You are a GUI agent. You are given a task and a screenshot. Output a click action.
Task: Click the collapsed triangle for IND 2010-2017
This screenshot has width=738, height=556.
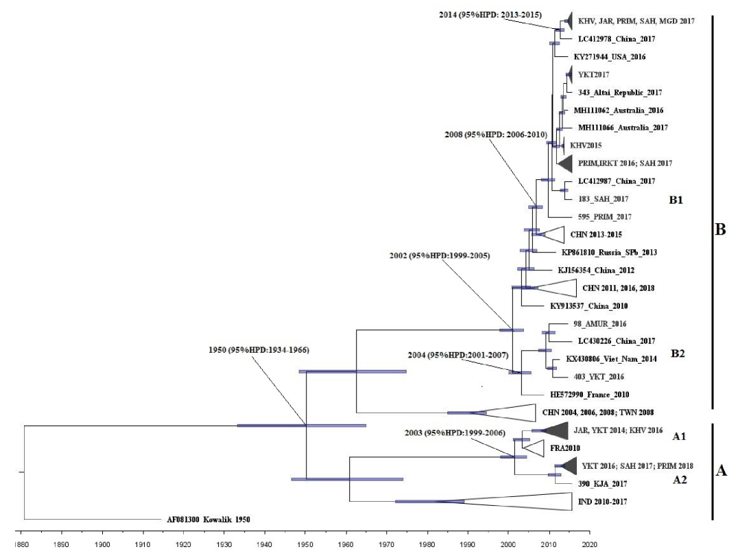[521, 502]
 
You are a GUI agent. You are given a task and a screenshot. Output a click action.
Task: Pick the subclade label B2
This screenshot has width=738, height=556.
[678, 354]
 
